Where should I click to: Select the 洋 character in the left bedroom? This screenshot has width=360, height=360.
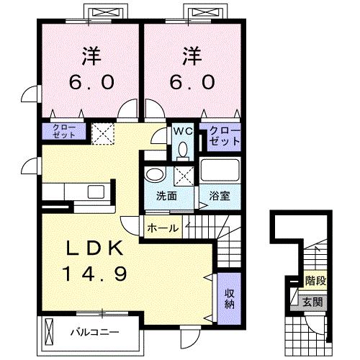click(91, 55)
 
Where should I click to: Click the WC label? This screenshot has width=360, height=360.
click(181, 131)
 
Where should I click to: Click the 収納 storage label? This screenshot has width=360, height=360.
click(228, 297)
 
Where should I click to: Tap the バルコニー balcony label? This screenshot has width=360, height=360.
click(94, 333)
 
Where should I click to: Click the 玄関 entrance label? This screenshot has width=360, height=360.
click(312, 301)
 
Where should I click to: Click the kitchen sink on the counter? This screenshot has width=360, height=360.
click(94, 191)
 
